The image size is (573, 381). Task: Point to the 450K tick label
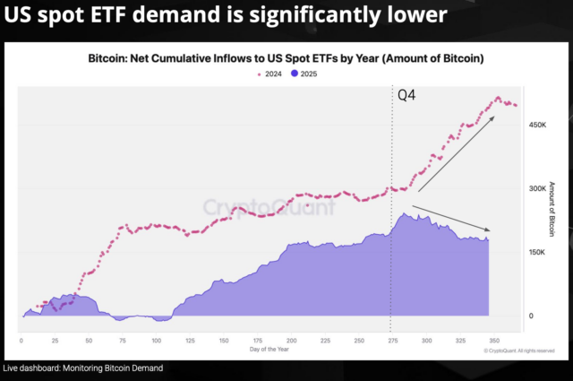click(537, 126)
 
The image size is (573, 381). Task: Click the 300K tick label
click(537, 189)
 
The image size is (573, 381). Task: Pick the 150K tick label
click(537, 253)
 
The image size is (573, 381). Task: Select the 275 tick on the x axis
click(391, 341)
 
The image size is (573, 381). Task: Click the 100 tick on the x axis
click(156, 341)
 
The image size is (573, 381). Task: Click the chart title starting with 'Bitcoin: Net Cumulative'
click(286, 57)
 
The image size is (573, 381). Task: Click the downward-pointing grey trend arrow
click(453, 219)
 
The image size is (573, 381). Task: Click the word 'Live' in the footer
click(12, 368)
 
